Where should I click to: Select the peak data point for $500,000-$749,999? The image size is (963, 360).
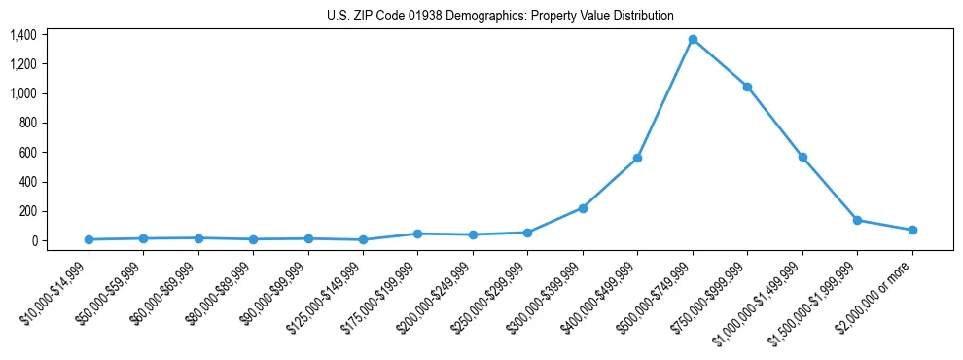693,39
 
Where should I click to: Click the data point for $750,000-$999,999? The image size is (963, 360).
747,87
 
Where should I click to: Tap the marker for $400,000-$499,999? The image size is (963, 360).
637,158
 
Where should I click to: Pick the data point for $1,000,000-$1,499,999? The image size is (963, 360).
802,157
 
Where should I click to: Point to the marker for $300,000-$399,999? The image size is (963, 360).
583,208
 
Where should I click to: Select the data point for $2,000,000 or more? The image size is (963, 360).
912,230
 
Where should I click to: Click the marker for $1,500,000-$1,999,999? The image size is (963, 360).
857,220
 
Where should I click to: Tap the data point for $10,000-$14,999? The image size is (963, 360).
89,239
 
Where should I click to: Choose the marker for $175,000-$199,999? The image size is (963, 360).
417,234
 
